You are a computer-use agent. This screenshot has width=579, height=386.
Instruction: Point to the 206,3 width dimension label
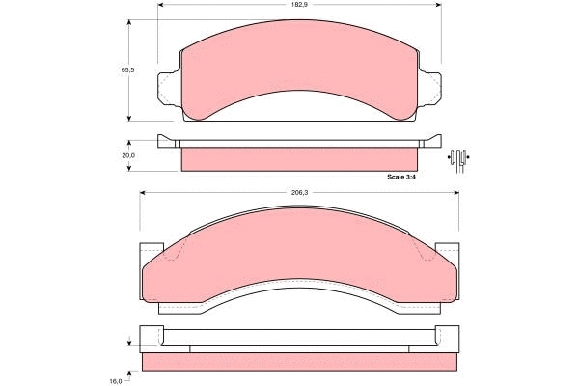[x=299, y=192]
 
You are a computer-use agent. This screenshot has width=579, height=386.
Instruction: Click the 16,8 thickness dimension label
[x=115, y=380]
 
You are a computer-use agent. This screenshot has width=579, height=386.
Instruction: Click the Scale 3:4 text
[x=400, y=177]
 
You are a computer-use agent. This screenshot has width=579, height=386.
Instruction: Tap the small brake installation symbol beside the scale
[x=460, y=157]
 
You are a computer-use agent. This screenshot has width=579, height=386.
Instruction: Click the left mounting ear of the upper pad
[x=169, y=89]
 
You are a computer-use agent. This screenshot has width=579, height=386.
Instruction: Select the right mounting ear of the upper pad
[x=430, y=89]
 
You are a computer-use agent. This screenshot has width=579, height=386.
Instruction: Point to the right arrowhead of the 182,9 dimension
[x=439, y=5]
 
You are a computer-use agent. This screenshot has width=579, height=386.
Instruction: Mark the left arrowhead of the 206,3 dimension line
[x=144, y=192]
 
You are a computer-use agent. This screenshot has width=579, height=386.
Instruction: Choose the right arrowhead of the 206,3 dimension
[x=455, y=192]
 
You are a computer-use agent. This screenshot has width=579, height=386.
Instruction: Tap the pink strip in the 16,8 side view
[x=299, y=361]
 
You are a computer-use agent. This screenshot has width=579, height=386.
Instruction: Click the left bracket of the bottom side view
[x=152, y=337]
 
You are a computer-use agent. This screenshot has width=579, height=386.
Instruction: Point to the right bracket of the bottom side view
[x=447, y=337]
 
